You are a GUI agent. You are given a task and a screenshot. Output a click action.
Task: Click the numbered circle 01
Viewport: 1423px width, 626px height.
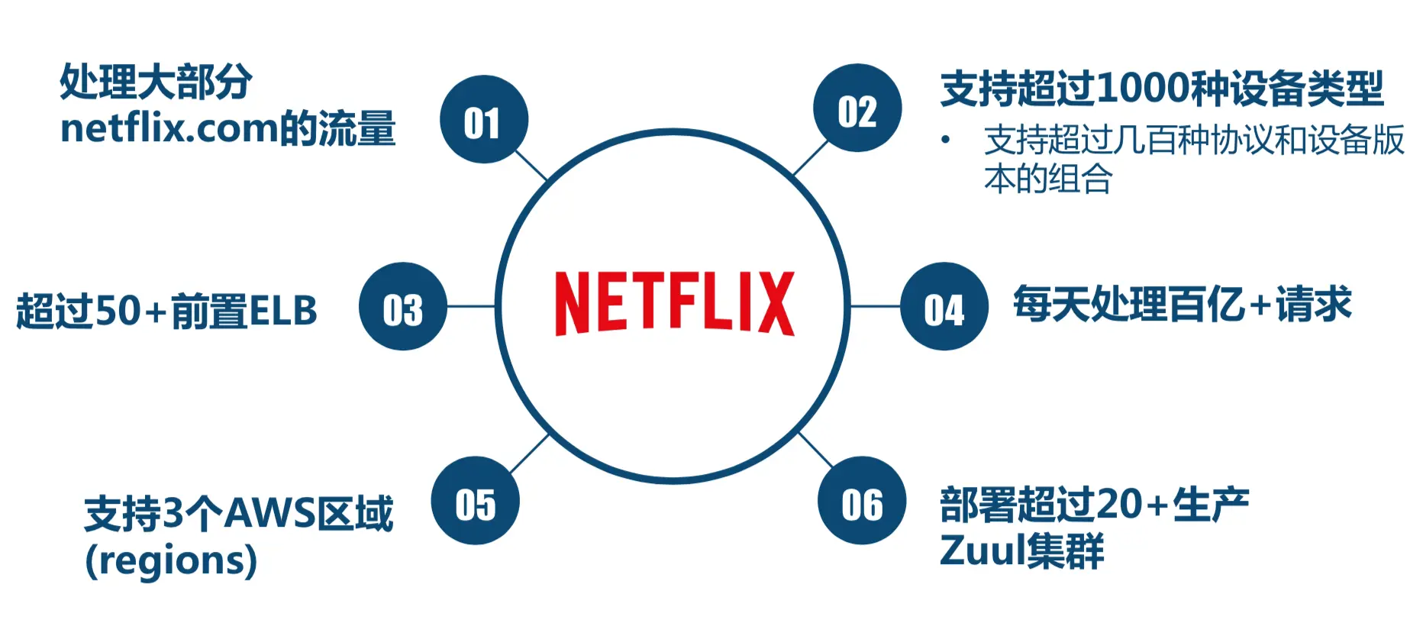click(x=483, y=119)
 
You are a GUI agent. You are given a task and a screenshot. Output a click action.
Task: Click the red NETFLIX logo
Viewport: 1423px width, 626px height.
click(x=674, y=303)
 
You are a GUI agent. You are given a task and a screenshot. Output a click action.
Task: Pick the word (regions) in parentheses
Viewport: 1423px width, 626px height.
click(x=171, y=561)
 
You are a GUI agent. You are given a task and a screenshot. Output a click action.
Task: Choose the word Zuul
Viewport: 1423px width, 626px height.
click(x=983, y=550)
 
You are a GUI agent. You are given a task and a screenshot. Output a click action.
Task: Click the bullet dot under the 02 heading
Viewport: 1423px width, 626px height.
click(x=946, y=140)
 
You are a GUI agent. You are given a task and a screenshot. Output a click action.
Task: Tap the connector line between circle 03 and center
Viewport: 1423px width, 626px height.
click(x=471, y=306)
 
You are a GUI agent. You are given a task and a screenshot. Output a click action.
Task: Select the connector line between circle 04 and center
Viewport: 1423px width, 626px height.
click(x=875, y=306)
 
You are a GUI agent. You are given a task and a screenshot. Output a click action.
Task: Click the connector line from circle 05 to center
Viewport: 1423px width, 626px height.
click(x=529, y=453)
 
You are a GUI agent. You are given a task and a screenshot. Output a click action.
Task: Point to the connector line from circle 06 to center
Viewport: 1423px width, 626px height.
click(x=815, y=450)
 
